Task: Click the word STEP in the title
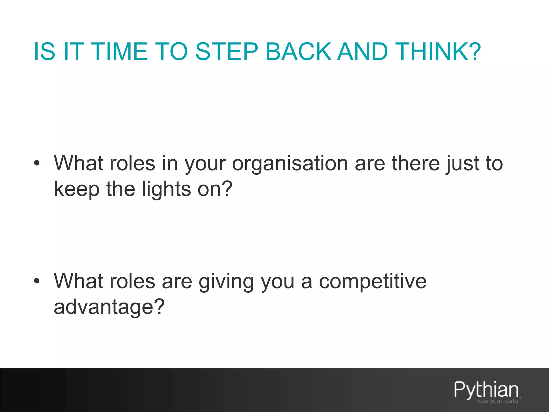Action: coord(227,51)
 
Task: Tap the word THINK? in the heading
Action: coord(438,51)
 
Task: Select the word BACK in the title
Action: coord(298,51)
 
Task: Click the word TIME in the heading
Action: coord(120,51)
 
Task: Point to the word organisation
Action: coord(290,164)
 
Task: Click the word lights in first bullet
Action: coord(166,189)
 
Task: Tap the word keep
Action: coord(77,189)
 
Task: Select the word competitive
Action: coord(372,282)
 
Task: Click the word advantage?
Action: coord(109,307)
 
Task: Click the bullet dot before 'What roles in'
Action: coord(37,163)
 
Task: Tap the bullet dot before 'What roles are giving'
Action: coord(37,281)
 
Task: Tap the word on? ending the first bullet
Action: coord(215,189)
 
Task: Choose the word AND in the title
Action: coord(362,51)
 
